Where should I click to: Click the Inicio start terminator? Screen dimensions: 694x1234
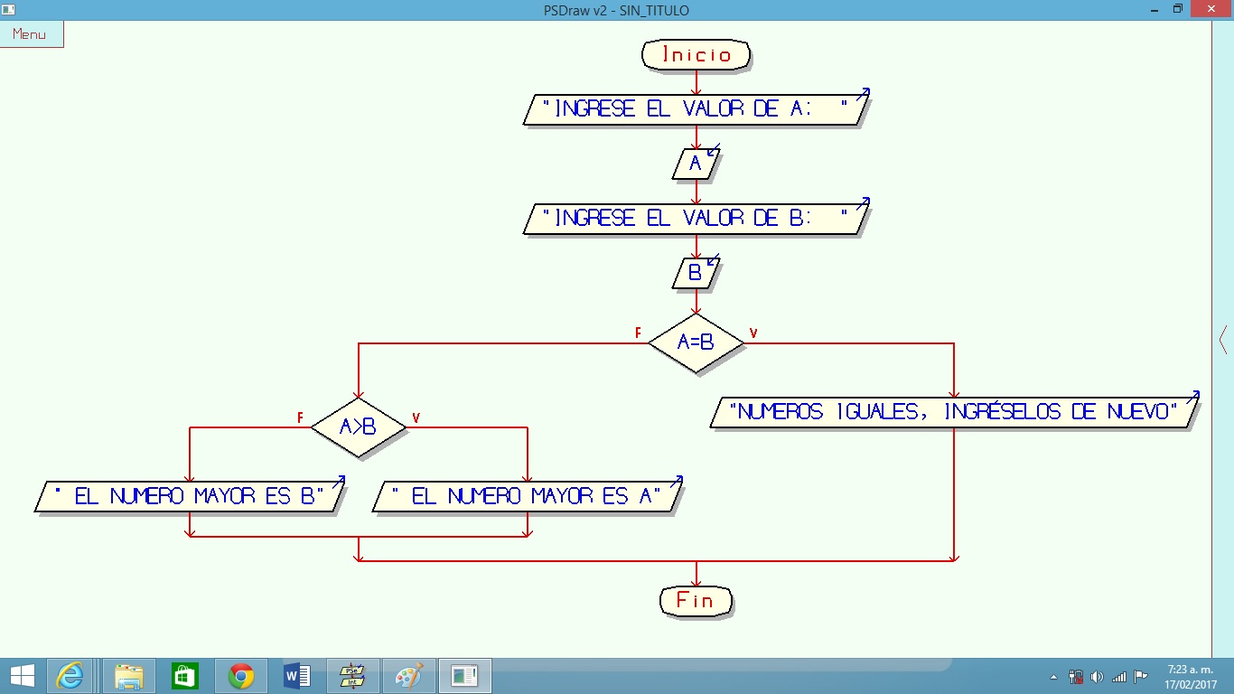click(x=696, y=55)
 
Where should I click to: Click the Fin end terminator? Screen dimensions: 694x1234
click(x=695, y=600)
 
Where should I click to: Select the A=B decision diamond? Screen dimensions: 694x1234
click(x=696, y=342)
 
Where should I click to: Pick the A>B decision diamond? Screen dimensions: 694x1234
click(x=358, y=427)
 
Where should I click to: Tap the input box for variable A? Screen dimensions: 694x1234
click(x=696, y=164)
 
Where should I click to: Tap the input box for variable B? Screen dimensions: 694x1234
click(x=696, y=273)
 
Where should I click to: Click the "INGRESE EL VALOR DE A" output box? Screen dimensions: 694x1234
click(x=696, y=109)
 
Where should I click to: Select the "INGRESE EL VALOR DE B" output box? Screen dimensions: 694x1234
click(x=696, y=218)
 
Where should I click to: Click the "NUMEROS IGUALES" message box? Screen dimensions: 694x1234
click(x=956, y=412)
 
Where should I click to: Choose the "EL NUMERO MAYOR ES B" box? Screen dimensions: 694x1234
click(x=190, y=496)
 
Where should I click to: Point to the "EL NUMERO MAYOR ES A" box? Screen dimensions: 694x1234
click(x=528, y=496)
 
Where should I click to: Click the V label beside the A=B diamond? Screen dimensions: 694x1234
click(x=753, y=333)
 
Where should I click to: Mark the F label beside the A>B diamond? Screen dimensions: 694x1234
click(x=300, y=417)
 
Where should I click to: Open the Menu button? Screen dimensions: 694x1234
click(x=31, y=34)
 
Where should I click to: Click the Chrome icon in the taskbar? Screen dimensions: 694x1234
click(x=240, y=676)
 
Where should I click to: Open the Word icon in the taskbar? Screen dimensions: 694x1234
click(x=296, y=676)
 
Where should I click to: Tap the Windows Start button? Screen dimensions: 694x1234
click(x=23, y=676)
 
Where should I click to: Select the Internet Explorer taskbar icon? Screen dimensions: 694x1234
click(x=70, y=676)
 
